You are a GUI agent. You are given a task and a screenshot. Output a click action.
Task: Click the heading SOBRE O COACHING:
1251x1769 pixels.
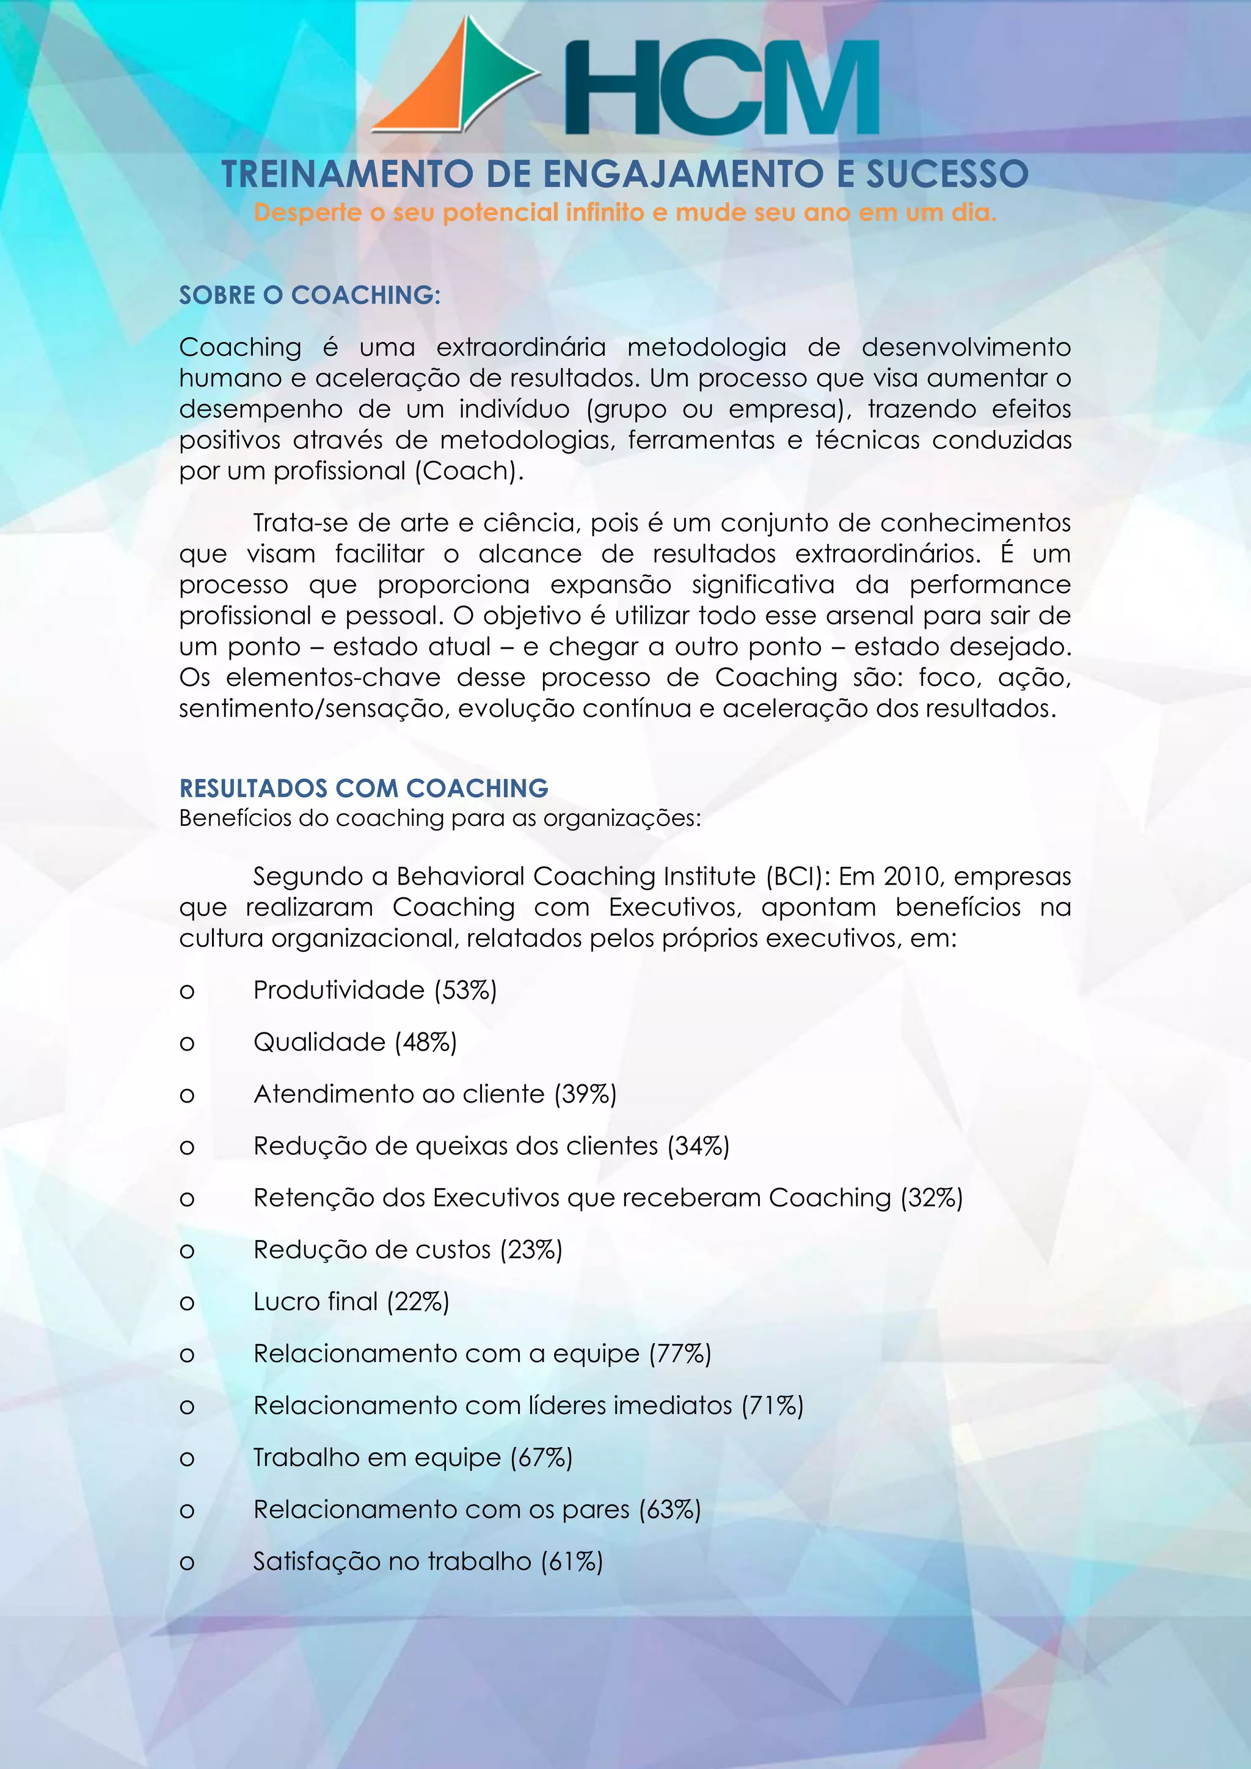tap(310, 295)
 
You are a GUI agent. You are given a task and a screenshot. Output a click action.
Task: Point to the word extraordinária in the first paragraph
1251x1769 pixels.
tap(520, 348)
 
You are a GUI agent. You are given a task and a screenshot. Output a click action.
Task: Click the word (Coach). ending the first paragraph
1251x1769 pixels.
tap(469, 471)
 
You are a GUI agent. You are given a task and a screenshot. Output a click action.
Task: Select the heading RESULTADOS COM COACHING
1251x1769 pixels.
tap(363, 788)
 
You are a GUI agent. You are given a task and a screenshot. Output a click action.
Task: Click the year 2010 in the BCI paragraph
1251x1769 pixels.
tap(912, 877)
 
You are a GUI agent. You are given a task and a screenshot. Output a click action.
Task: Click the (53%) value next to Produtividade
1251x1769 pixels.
tap(465, 990)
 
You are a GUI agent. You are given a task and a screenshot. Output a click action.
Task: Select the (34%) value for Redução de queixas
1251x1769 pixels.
tap(698, 1147)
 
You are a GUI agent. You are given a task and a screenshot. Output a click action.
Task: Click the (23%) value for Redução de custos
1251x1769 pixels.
tap(531, 1250)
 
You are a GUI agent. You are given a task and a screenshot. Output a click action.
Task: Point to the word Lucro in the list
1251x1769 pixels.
tap(286, 1301)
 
